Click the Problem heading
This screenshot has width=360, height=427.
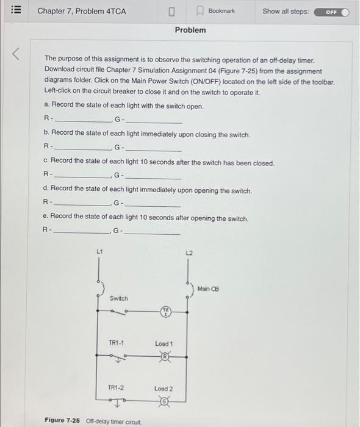(190, 30)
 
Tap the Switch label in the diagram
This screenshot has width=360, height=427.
(119, 298)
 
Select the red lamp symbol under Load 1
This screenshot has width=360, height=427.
(164, 355)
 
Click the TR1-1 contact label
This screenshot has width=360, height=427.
(116, 343)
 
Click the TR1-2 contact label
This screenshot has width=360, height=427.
(116, 387)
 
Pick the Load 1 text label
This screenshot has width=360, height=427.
(164, 343)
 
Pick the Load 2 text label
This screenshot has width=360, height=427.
(164, 388)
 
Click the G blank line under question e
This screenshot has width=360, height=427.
(153, 234)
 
